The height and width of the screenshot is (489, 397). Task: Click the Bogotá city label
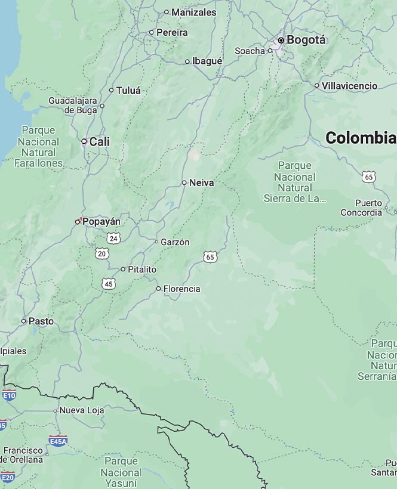306,40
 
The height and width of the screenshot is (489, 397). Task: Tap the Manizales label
193,12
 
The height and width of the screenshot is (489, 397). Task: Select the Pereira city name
172,32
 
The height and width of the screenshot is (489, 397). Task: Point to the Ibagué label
207,61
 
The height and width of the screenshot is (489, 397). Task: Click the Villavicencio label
349,86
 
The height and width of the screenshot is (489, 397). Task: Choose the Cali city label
100,141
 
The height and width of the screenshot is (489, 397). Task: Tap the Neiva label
201,183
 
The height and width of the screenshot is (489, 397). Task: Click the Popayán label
101,221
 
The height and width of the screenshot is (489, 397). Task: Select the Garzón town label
176,242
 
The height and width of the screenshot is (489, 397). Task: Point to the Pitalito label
142,270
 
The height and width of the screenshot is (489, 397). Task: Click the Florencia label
181,289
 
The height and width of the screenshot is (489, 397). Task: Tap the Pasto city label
41,321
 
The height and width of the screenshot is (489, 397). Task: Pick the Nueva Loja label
82,410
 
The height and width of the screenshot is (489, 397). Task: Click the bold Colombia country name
361,138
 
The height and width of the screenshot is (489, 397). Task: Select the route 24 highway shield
113,238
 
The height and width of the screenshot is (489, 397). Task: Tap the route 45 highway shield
108,283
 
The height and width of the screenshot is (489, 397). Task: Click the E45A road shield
58,441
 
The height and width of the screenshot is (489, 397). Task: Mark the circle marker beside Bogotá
281,40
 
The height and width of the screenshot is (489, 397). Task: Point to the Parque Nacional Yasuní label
121,472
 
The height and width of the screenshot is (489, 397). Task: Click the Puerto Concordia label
362,208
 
